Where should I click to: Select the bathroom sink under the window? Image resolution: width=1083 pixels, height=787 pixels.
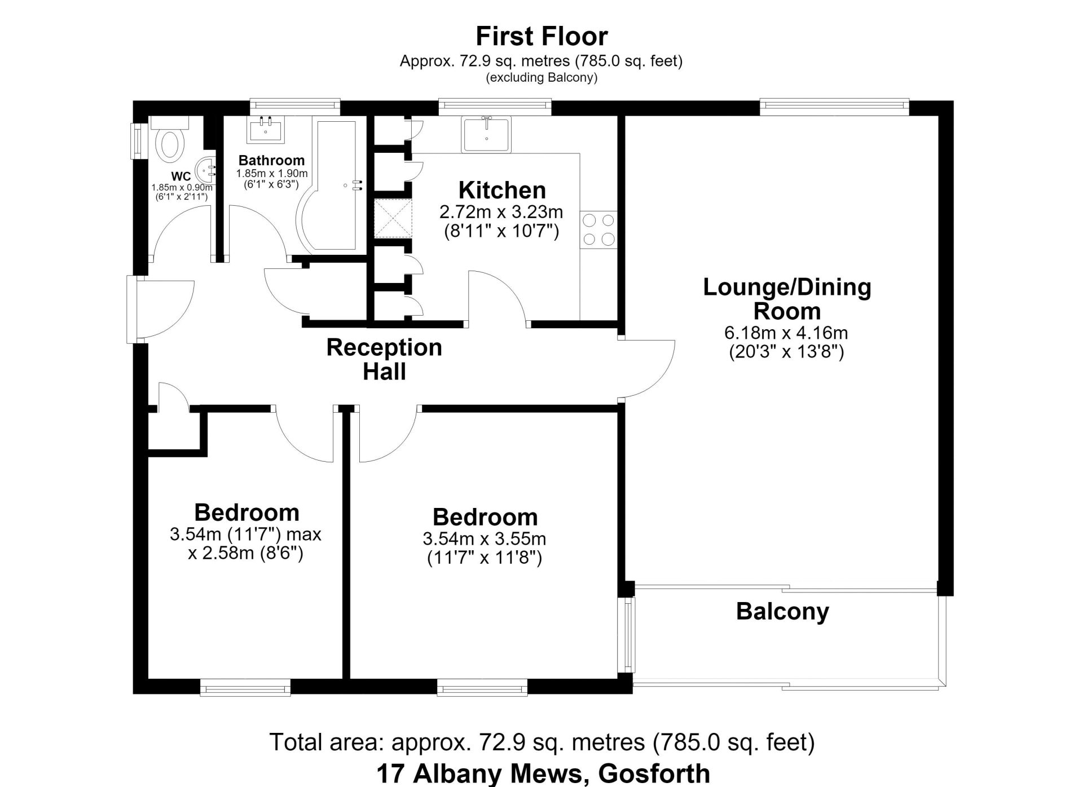266,129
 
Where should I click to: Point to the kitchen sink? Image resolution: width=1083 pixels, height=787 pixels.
486,134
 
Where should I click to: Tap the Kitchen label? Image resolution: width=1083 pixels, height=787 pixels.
502,191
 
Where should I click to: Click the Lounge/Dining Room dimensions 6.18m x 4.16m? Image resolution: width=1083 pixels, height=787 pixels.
786,333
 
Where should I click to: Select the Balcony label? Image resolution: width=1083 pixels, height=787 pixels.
783,612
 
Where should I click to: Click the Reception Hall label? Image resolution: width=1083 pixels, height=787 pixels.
384,359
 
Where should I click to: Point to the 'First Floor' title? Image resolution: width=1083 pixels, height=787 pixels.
541,36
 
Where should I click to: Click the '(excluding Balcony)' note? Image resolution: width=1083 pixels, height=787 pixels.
541,78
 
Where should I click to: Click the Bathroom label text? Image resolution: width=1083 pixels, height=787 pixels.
271,161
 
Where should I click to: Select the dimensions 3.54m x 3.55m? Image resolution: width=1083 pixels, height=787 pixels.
485,539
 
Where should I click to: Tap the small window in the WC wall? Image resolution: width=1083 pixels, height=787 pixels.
136,140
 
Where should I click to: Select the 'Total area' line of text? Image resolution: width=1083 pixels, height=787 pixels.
542,742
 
